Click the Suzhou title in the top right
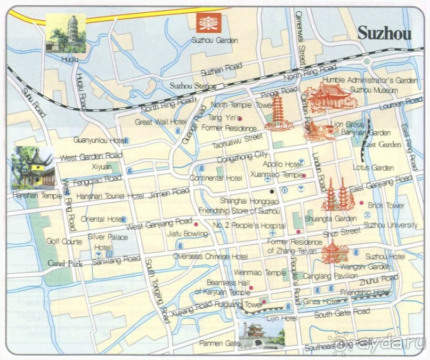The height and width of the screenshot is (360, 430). (384, 33)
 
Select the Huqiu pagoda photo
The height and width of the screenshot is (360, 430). (66, 33)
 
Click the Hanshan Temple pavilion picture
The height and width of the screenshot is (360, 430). (33, 168)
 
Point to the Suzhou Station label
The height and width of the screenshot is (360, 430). (189, 85)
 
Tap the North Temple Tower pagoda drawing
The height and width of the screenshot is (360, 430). (279, 113)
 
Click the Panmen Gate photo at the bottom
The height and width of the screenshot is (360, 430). (261, 335)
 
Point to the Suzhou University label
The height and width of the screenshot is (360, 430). (391, 226)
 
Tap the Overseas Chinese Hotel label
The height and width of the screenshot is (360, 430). (210, 257)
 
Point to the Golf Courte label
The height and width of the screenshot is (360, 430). (64, 242)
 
